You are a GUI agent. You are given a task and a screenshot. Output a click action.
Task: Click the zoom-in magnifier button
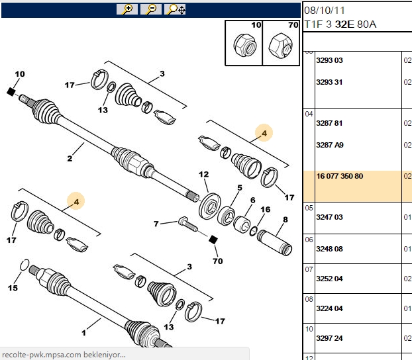click(x=127, y=9)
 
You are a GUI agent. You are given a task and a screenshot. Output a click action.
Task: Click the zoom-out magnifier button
click(x=151, y=9)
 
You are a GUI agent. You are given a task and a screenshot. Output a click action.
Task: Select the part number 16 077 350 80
click(x=340, y=176)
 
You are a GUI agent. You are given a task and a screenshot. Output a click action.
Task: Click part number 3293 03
click(x=329, y=60)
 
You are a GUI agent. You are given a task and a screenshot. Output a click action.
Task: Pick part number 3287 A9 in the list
click(x=330, y=145)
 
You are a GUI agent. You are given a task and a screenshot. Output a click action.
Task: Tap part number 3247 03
click(x=329, y=217)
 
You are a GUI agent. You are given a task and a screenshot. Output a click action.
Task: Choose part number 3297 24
click(x=329, y=338)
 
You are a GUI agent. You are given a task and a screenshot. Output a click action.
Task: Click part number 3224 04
click(x=329, y=308)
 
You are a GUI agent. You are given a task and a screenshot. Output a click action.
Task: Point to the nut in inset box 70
click(x=280, y=46)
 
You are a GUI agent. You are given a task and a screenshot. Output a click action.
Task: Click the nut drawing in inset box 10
click(x=244, y=45)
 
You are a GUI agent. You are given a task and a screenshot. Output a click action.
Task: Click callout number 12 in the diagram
click(x=203, y=174)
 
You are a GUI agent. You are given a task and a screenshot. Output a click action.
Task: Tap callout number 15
click(x=13, y=288)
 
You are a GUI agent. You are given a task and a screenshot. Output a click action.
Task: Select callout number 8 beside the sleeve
click(x=285, y=219)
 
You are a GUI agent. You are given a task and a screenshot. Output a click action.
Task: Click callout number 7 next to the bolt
click(x=156, y=224)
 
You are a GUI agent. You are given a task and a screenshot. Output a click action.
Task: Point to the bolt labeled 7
click(x=188, y=224)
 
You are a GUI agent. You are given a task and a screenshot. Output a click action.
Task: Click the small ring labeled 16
click(x=254, y=231)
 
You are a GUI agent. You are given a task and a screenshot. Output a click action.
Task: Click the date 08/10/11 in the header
click(x=325, y=11)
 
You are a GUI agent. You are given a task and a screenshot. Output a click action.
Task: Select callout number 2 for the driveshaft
click(x=70, y=159)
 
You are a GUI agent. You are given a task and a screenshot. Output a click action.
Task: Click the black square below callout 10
click(x=11, y=92)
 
